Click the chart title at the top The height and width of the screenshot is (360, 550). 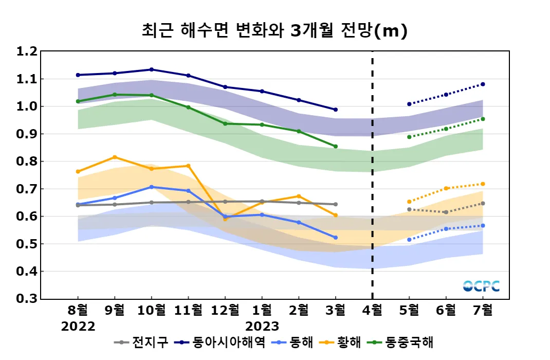click(274, 30)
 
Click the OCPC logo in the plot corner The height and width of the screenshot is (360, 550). click(481, 286)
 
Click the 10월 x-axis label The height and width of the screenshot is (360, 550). click(151, 310)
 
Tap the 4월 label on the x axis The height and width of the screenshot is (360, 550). click(372, 310)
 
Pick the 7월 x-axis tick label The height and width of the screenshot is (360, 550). click(483, 310)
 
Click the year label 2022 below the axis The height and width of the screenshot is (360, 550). click(78, 327)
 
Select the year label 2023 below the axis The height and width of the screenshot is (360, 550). click(262, 327)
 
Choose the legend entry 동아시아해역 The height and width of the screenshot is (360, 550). click(229, 343)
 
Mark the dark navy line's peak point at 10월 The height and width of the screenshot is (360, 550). click(151, 69)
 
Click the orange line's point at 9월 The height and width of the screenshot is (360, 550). click(115, 157)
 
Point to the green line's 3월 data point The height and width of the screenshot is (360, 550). click(336, 147)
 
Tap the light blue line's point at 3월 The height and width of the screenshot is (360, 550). click(336, 238)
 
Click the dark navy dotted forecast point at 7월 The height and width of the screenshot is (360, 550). click(483, 84)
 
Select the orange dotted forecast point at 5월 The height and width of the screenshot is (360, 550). click(409, 202)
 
